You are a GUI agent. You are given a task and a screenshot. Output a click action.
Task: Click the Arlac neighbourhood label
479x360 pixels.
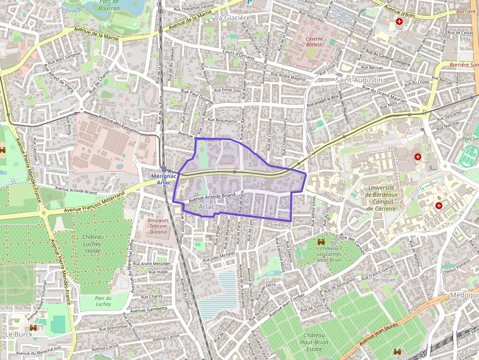click(207, 207)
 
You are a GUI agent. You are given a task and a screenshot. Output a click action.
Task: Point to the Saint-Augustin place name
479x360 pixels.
click(359, 80)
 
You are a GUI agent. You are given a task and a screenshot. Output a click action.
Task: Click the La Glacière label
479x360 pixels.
click(233, 18)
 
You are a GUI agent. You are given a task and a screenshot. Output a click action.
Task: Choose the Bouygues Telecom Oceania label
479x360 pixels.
click(157, 226)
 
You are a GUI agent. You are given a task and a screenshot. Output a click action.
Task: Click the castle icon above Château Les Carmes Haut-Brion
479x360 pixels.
click(321, 242)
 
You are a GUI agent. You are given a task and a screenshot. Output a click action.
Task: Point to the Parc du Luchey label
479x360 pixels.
click(103, 301)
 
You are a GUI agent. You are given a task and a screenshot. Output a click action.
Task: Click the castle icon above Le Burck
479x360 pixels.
click(33, 328)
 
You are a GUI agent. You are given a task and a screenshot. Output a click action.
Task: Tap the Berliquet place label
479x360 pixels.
click(384, 280)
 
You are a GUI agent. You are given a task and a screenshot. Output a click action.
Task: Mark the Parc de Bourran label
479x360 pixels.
click(109, 5)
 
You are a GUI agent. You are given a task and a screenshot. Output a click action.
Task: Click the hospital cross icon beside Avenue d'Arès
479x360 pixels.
click(399, 22)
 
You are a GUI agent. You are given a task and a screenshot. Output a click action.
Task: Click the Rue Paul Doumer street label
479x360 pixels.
click(197, 94)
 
